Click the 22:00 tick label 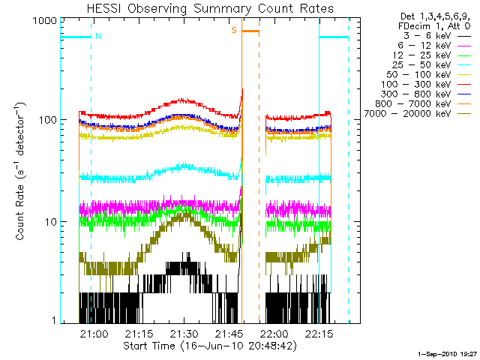click(x=274, y=334)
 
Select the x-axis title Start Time click(x=205, y=346)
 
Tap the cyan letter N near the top click(x=97, y=35)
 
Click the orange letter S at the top click(x=234, y=30)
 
